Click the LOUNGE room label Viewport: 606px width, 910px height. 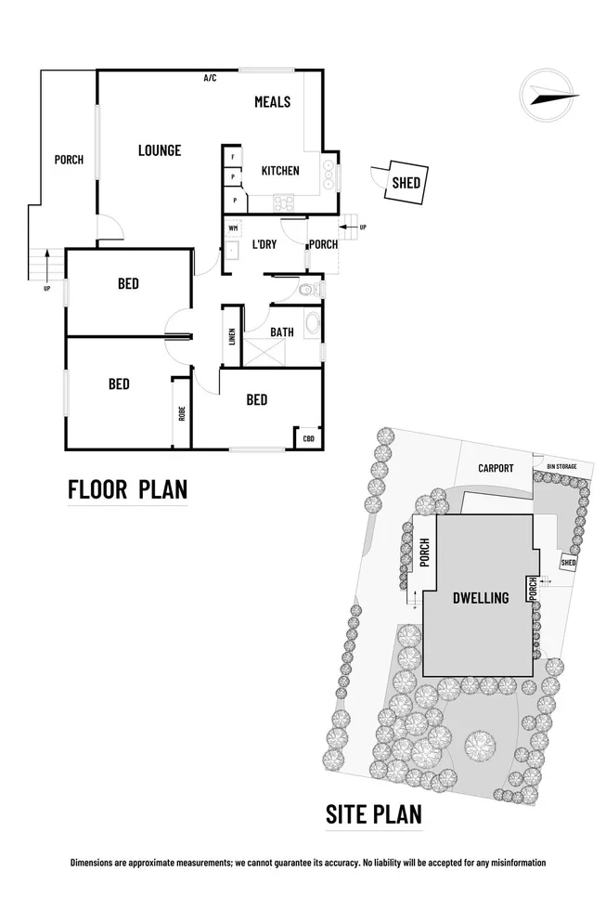160,150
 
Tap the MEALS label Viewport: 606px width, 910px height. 273,102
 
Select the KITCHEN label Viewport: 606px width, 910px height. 280,171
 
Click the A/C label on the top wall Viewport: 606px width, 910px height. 211,78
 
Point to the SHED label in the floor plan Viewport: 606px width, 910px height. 406,182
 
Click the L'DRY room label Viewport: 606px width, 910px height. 264,245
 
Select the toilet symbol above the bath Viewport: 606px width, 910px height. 307,290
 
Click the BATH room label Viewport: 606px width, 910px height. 282,331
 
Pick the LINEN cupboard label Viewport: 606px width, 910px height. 231,335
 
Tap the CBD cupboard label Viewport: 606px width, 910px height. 308,437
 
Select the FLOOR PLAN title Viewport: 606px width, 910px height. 128,488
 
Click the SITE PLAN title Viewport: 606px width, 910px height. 374,814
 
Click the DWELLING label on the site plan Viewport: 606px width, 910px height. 480,598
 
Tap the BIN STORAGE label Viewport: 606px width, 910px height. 562,465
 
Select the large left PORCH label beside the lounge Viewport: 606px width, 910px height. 69,160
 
